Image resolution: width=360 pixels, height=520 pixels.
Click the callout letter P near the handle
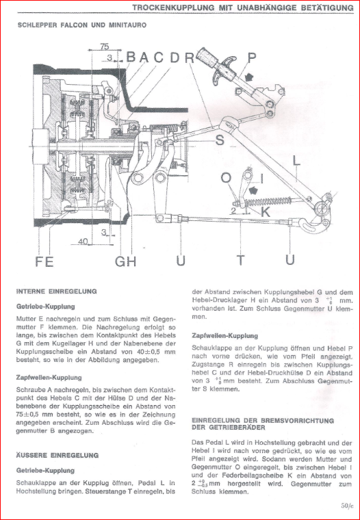point(252,57)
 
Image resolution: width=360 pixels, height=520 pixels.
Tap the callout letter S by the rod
point(220,141)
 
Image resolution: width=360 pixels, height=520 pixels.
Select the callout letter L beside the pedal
point(296,161)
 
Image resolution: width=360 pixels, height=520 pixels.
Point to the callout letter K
point(265,212)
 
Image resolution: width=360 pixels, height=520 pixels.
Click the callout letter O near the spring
point(226,178)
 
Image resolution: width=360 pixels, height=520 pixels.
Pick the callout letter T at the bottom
point(240,260)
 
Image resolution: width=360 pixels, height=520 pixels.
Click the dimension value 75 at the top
point(105,47)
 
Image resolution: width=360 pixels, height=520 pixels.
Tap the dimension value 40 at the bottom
point(83,242)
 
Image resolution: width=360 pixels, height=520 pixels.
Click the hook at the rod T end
point(311,227)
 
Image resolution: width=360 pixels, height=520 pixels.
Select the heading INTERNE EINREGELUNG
point(56,292)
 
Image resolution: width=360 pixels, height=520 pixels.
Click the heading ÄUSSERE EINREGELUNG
point(57,455)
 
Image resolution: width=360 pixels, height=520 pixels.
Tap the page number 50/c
point(347,506)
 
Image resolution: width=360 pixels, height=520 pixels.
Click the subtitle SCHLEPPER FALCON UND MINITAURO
point(82,25)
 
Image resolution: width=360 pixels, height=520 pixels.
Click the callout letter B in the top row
point(131,57)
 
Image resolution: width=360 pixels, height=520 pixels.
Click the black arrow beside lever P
point(247,77)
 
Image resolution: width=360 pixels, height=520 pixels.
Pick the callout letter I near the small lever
point(262,179)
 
